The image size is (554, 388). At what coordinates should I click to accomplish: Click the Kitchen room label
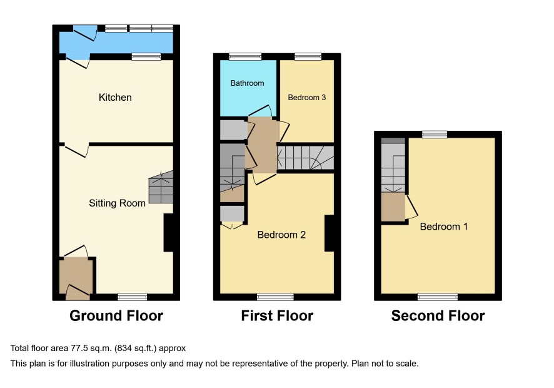tap(115, 97)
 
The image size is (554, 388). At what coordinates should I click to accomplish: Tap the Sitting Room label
tap(118, 203)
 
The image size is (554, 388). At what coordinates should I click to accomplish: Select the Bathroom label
tap(248, 83)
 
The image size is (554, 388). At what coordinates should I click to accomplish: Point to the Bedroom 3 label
tap(306, 97)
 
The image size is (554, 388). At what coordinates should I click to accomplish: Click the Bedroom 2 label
tap(281, 235)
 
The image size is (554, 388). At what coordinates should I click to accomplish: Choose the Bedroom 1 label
tap(444, 227)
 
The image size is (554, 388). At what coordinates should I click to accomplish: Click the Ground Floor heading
tap(116, 315)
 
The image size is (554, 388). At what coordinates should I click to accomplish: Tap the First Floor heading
tap(277, 315)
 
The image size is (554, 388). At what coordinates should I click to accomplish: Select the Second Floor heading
tap(438, 315)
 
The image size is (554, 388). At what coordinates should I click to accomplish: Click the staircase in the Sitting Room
tap(161, 187)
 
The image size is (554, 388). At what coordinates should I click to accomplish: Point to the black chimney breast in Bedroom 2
tap(330, 233)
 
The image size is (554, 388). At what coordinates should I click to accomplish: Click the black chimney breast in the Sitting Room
tap(169, 233)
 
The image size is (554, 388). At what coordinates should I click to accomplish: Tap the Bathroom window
tap(245, 56)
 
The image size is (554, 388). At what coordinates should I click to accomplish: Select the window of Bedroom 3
tap(308, 56)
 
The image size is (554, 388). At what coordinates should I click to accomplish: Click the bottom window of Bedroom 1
tap(438, 297)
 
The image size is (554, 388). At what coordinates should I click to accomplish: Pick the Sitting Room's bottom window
tap(133, 297)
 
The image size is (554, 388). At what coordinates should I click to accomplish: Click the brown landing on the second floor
tap(393, 207)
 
